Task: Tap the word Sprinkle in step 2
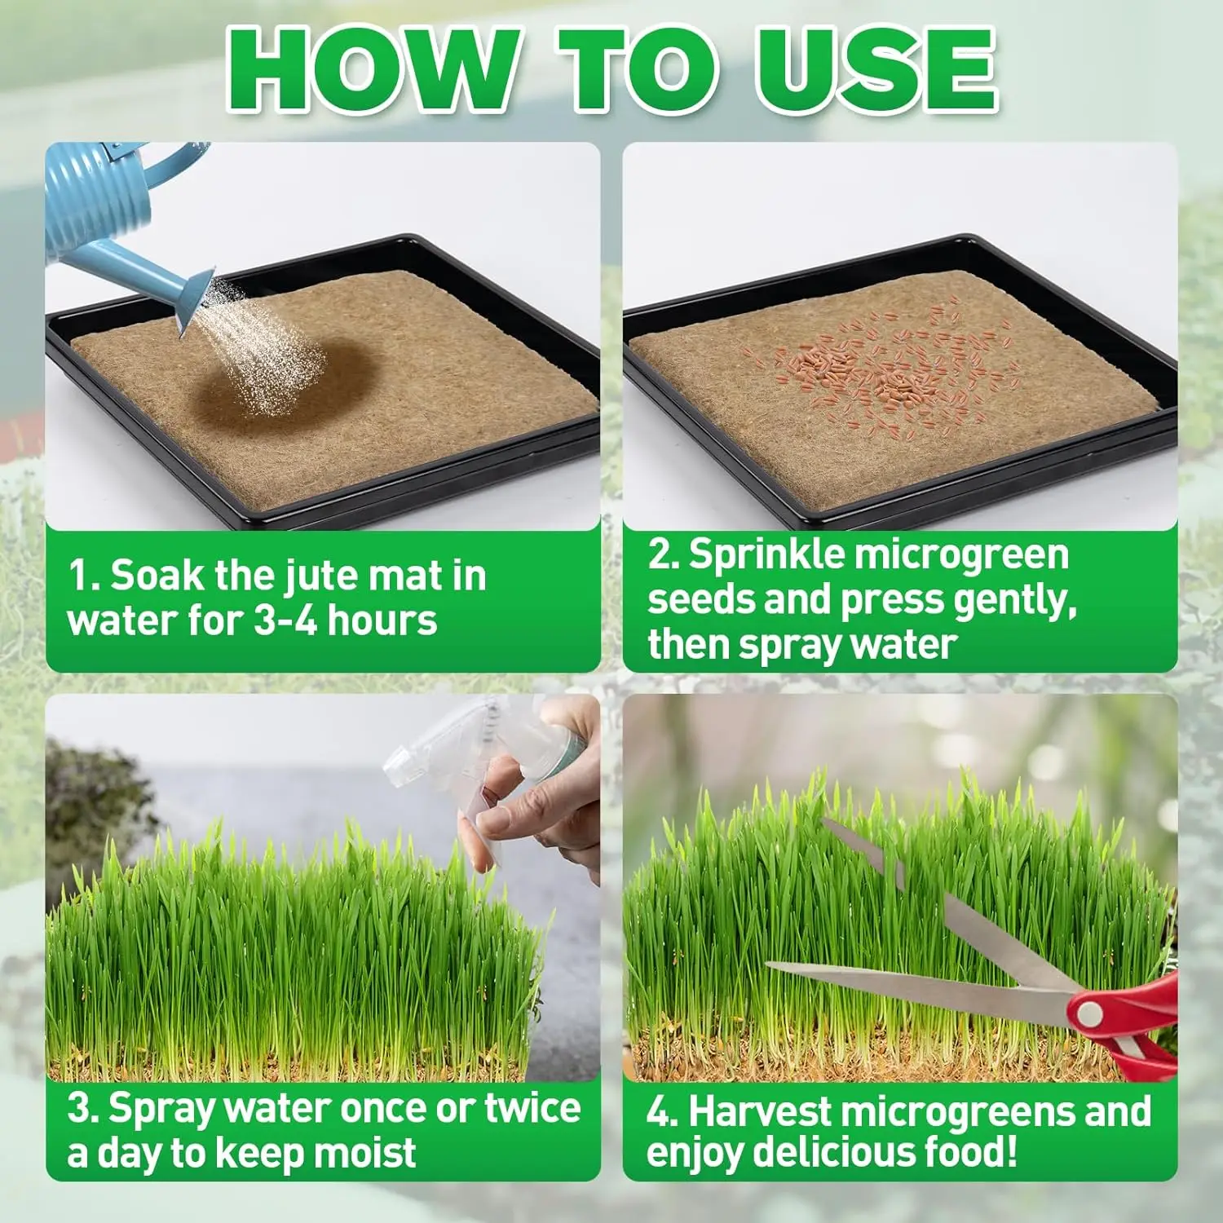tap(766, 554)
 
